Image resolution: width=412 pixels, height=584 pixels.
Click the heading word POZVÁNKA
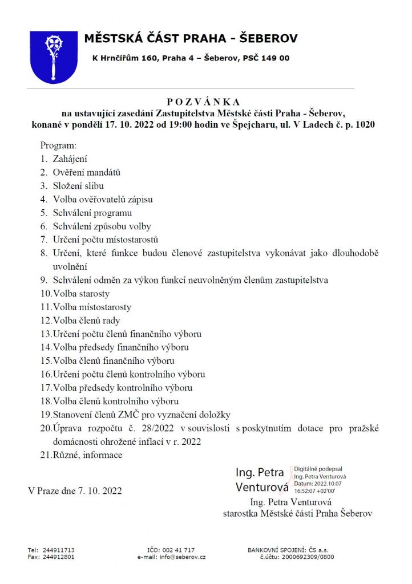tap(205, 100)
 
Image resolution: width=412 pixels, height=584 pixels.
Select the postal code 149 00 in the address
tap(276, 58)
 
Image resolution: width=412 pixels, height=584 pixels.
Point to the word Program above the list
tap(58, 146)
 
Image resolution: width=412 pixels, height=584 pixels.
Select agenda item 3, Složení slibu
tap(78, 185)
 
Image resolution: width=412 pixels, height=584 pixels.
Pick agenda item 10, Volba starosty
tap(81, 294)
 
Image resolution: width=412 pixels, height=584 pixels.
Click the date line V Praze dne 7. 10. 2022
tap(75, 490)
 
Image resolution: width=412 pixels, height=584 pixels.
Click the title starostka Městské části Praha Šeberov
tap(297, 513)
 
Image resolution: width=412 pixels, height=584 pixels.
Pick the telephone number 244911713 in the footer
tap(59, 550)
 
